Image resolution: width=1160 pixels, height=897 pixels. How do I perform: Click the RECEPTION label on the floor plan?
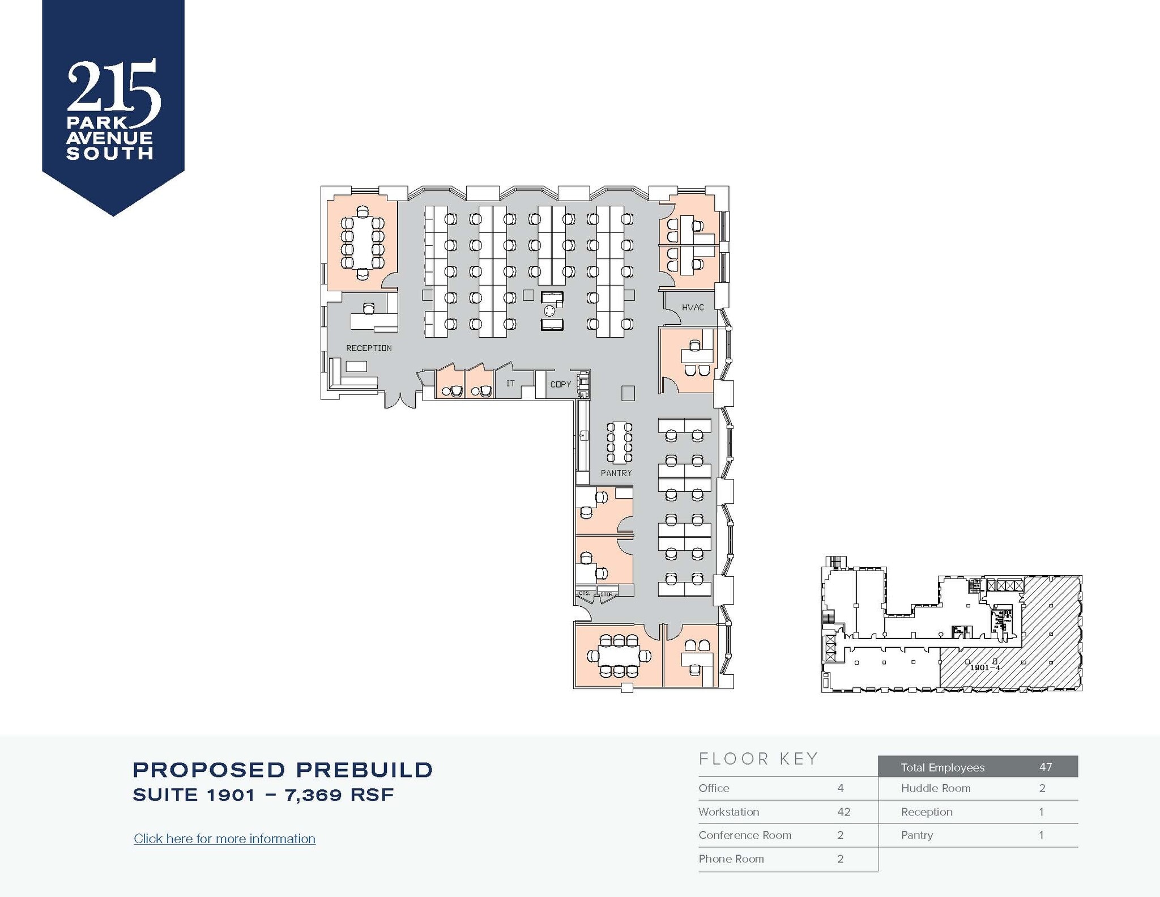click(x=369, y=348)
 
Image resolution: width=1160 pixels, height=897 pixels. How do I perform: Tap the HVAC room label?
click(x=693, y=307)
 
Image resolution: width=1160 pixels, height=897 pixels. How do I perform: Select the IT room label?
click(x=510, y=384)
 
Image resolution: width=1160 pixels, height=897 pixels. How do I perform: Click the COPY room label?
click(x=561, y=384)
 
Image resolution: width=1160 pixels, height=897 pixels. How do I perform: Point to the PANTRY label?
click(x=616, y=473)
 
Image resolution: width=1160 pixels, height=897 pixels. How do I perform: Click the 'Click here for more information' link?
click(x=224, y=839)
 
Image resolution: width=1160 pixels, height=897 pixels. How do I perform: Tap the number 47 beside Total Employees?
click(x=1046, y=767)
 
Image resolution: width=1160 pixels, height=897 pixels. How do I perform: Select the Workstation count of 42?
click(x=843, y=811)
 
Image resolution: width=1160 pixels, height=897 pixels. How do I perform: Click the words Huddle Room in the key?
click(x=936, y=788)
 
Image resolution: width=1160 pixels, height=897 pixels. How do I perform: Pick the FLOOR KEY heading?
click(x=758, y=759)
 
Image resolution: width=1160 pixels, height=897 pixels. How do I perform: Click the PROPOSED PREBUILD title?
click(x=283, y=770)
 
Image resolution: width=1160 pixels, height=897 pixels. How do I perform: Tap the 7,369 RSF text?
click(x=339, y=795)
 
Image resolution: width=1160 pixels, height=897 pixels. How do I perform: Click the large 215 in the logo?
click(x=113, y=88)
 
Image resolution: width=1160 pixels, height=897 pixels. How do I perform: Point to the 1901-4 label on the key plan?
click(x=985, y=668)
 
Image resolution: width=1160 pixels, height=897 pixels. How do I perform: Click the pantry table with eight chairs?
click(x=619, y=442)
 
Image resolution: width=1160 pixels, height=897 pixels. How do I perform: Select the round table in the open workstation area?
click(x=549, y=311)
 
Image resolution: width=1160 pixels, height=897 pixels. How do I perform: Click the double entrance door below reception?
click(x=400, y=400)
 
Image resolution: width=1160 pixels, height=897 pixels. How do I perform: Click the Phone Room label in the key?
click(x=731, y=858)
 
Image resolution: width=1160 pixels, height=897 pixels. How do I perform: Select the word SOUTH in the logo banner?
click(x=110, y=154)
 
